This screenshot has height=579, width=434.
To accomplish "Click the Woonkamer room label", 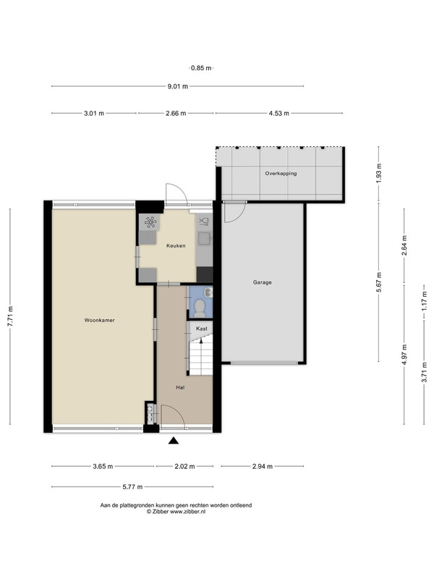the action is [x=99, y=320].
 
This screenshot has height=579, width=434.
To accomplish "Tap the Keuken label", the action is [x=176, y=245].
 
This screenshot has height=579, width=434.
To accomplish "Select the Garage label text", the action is [x=263, y=282].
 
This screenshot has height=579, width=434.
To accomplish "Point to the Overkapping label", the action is [x=281, y=173].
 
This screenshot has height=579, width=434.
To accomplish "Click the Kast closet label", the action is [x=202, y=329].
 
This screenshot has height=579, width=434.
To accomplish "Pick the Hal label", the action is [x=180, y=387].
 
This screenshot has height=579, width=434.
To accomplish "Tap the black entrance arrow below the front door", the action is [x=174, y=440].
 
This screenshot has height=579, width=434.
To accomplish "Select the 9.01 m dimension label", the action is [x=178, y=86].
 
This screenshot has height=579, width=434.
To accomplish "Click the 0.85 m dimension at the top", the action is [x=202, y=68].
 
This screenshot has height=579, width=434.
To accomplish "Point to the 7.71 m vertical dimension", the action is [x=10, y=316].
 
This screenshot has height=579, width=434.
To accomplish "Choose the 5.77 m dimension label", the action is [x=132, y=486].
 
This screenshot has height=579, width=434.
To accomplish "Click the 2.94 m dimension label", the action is [x=263, y=466].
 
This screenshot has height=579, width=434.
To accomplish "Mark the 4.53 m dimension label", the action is [x=279, y=114].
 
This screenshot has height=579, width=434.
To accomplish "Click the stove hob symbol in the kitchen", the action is [x=150, y=222].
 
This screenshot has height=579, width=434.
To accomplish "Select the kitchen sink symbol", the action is [x=204, y=239].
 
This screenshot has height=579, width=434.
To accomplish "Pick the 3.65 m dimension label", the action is [x=103, y=466].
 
